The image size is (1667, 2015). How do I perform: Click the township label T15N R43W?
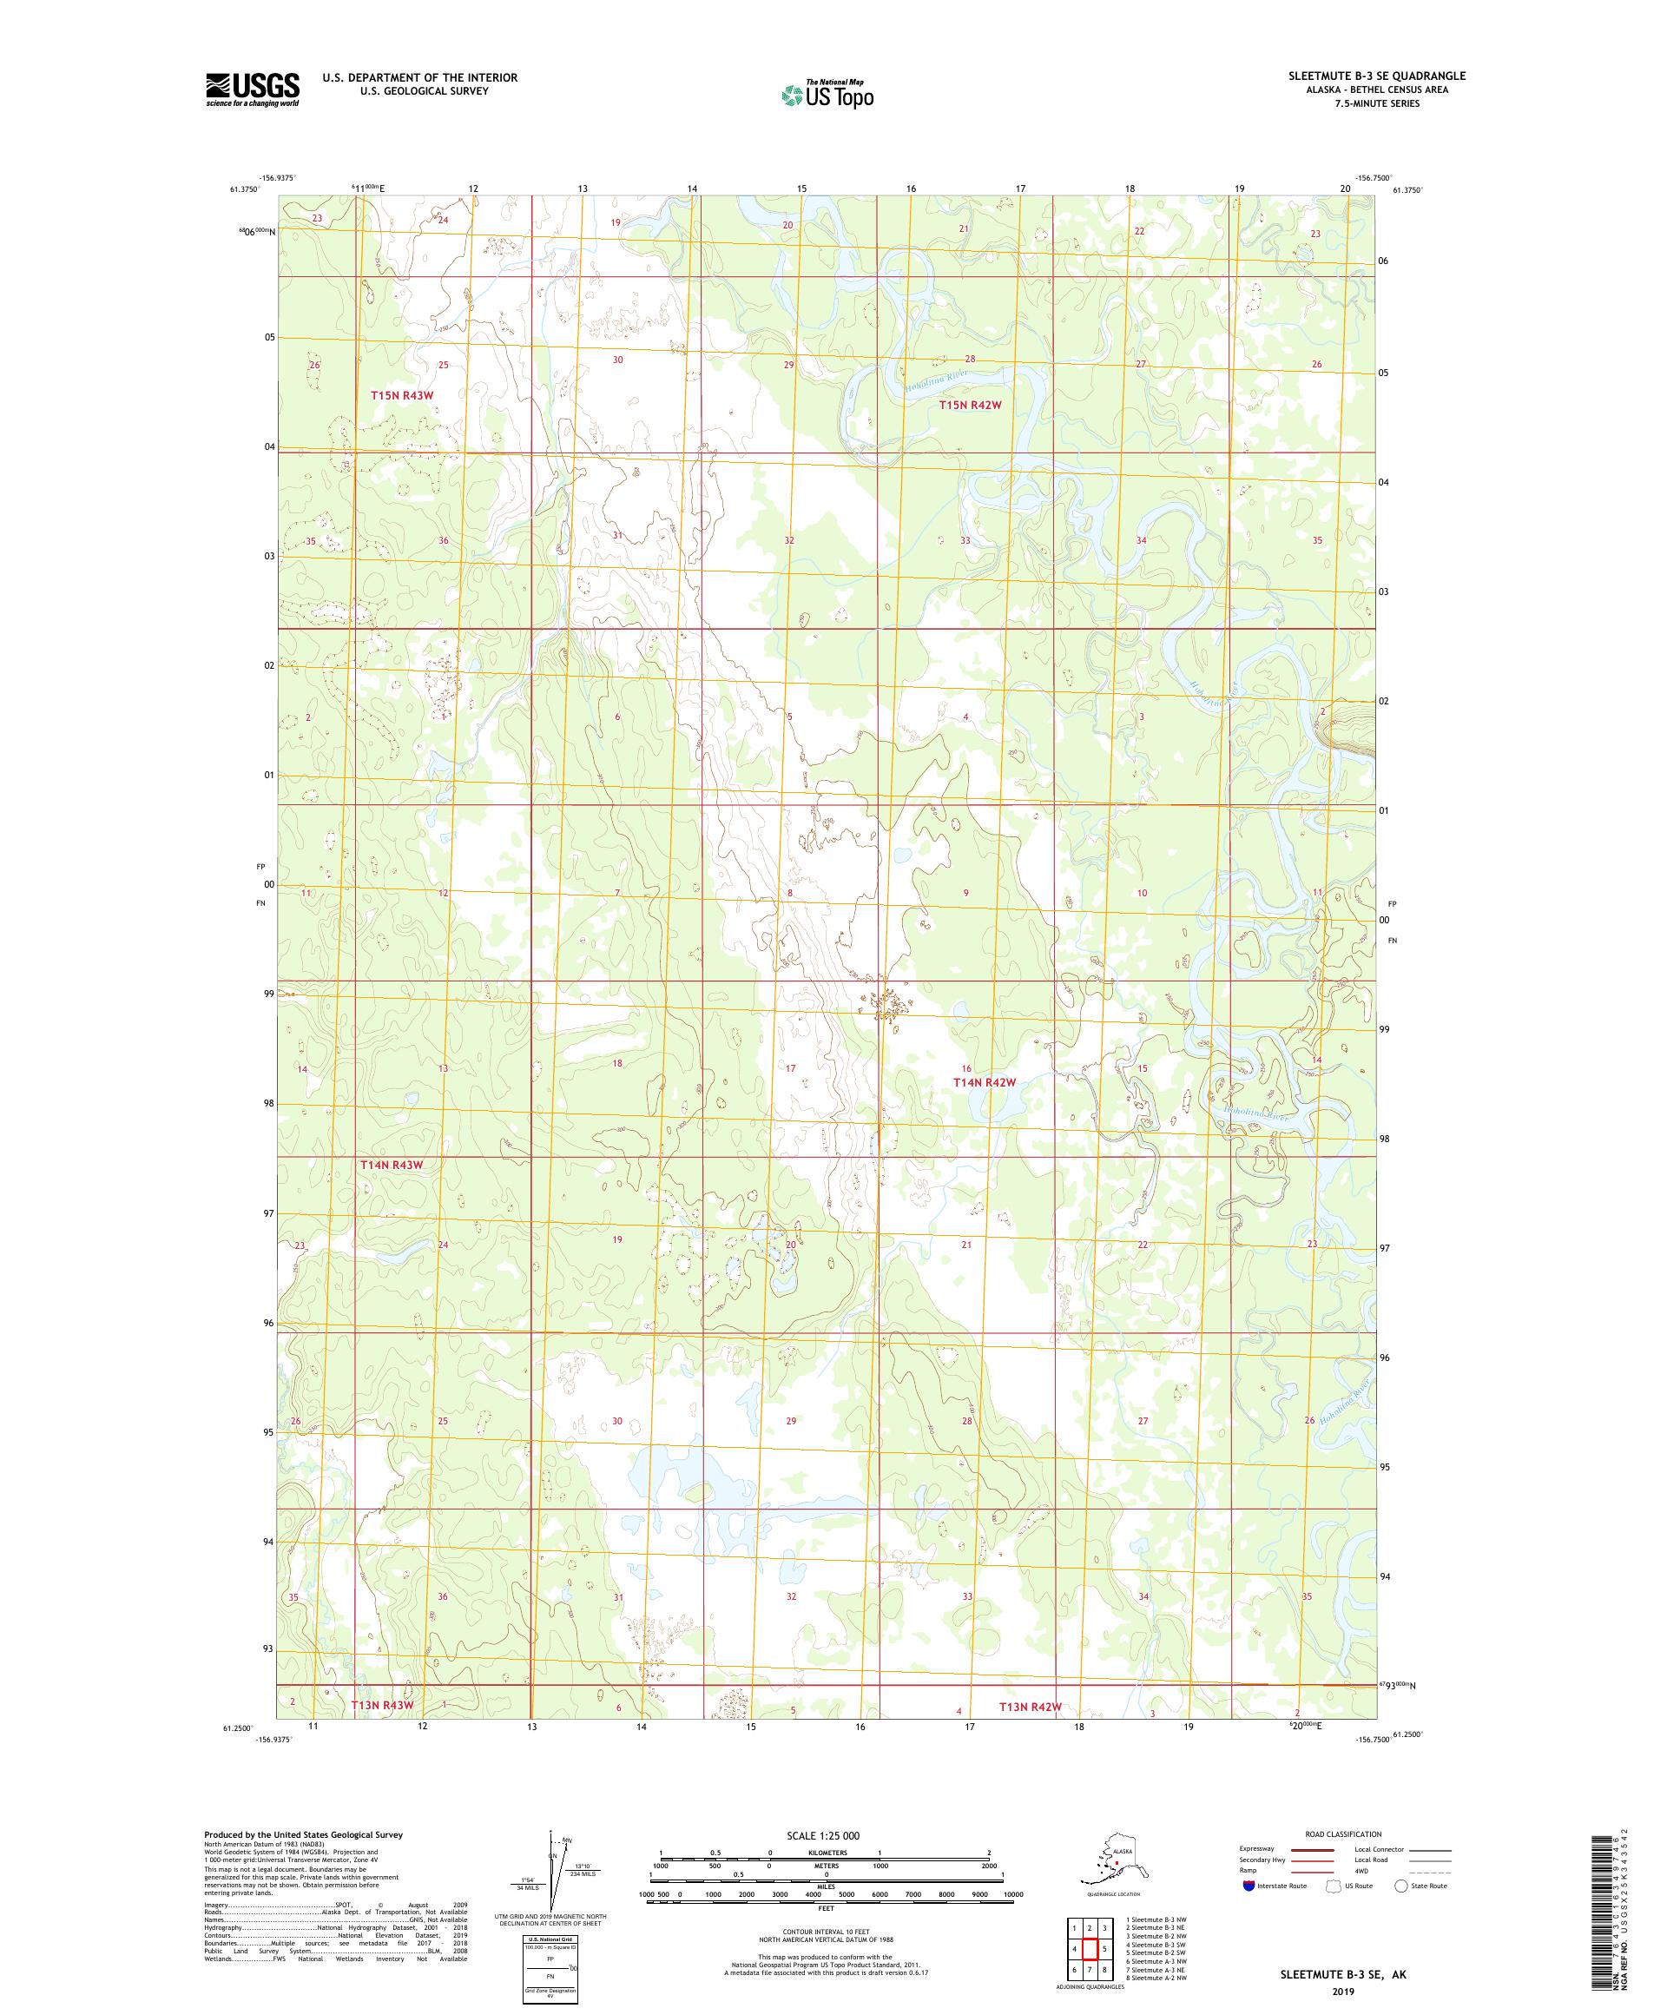403,395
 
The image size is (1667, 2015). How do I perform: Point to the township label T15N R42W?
970,405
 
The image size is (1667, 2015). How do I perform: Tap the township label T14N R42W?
983,1082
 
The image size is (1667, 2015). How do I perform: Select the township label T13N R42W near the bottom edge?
1030,1707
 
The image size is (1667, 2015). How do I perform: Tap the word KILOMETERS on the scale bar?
826,1853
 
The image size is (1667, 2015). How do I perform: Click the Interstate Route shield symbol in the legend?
1248,1886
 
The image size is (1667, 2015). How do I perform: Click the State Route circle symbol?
1401,1886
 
